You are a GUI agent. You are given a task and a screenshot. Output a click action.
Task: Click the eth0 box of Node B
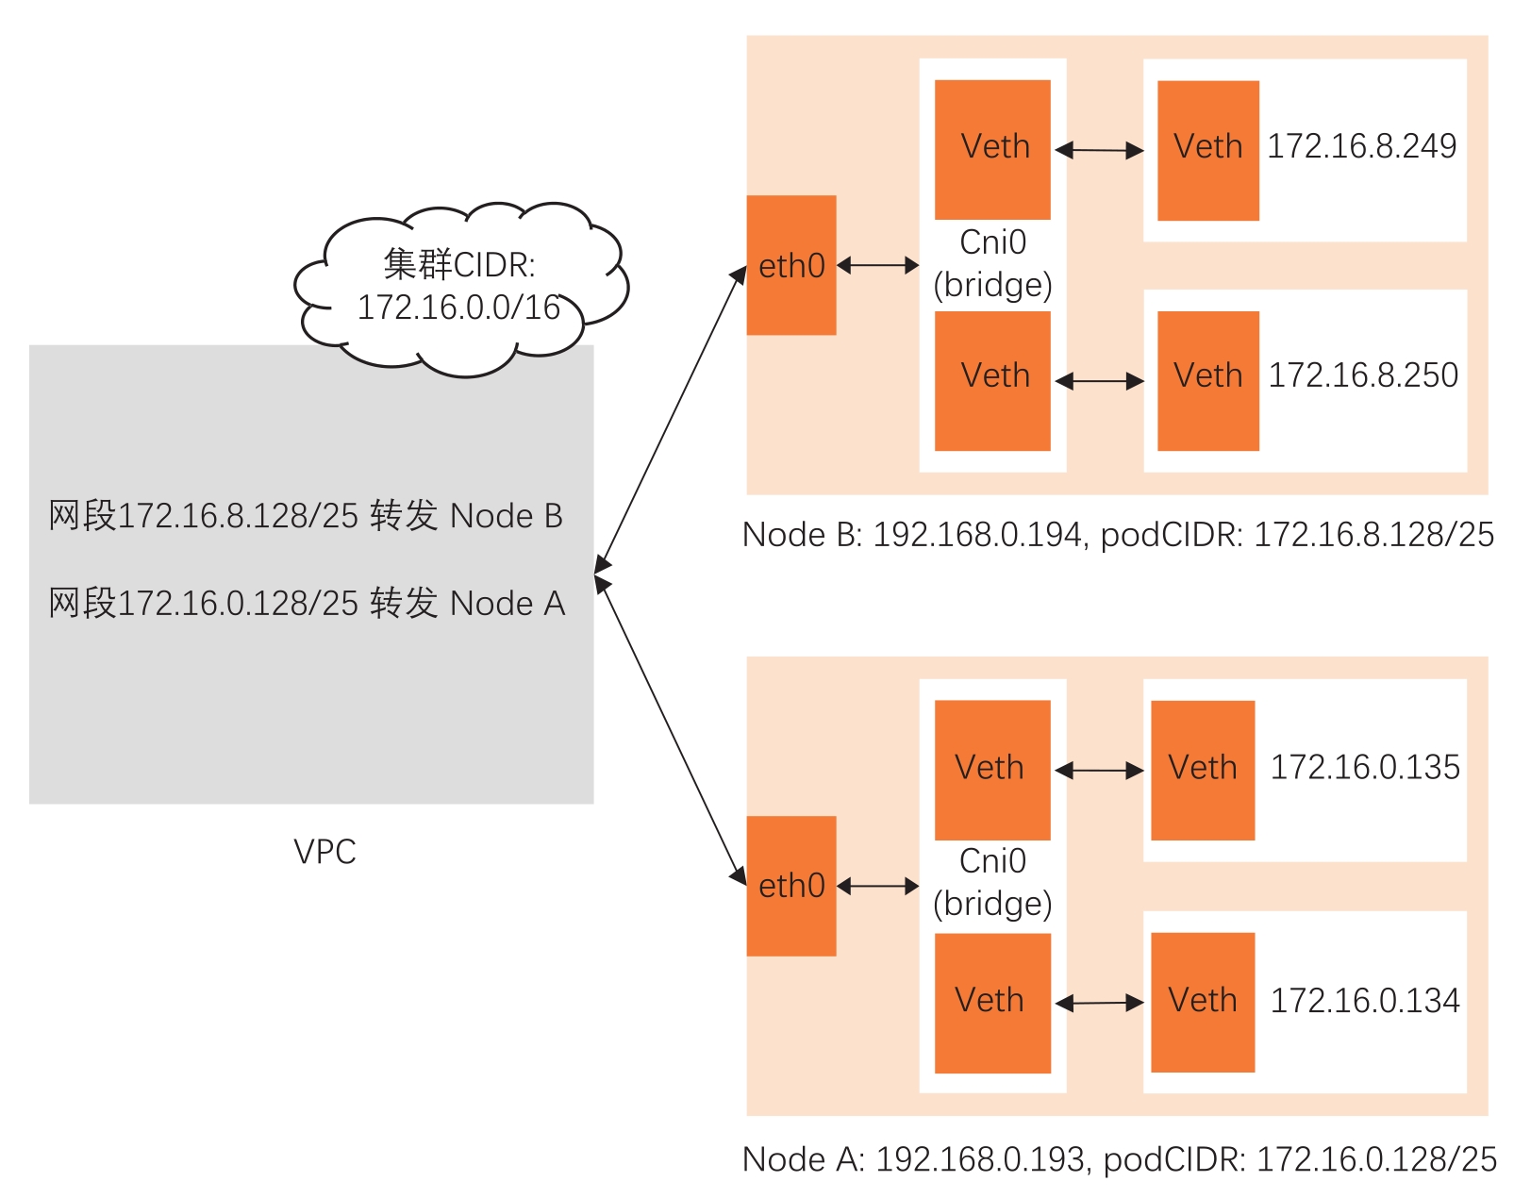tap(790, 265)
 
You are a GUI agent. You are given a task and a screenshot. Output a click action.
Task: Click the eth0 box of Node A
tap(790, 886)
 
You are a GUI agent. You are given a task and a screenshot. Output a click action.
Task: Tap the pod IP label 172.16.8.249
tap(1361, 146)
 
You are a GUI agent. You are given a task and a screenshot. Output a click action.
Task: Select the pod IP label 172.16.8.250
tap(1362, 375)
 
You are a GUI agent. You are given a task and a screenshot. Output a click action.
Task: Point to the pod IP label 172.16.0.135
tap(1364, 767)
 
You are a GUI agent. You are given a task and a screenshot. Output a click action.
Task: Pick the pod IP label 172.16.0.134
tap(1364, 1000)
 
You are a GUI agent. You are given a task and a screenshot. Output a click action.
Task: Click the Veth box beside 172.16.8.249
tap(1207, 150)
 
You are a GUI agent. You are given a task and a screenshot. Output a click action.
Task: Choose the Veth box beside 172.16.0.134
tap(1202, 1002)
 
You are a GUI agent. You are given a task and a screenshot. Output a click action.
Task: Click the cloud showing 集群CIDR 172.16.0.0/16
tap(459, 286)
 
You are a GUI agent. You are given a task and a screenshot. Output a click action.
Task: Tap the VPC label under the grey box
tap(324, 852)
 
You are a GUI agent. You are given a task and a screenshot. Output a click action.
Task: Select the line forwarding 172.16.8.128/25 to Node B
tap(306, 516)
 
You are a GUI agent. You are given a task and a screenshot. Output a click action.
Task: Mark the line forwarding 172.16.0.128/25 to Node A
tap(307, 603)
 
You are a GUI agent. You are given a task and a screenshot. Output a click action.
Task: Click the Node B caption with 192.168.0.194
tap(1118, 535)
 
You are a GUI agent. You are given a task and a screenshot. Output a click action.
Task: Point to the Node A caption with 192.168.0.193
tap(1119, 1159)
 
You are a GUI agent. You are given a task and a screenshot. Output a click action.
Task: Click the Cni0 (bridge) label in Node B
tap(992, 263)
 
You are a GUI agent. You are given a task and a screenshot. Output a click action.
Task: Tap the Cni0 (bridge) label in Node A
tap(992, 882)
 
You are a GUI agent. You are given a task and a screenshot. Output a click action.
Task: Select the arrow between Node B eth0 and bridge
tap(877, 265)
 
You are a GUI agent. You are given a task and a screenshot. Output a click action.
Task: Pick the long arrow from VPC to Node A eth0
tap(671, 732)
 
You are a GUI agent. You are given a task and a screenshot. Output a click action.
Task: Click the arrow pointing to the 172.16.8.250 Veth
tap(1099, 381)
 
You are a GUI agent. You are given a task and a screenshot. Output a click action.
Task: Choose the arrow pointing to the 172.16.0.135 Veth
tap(1099, 771)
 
